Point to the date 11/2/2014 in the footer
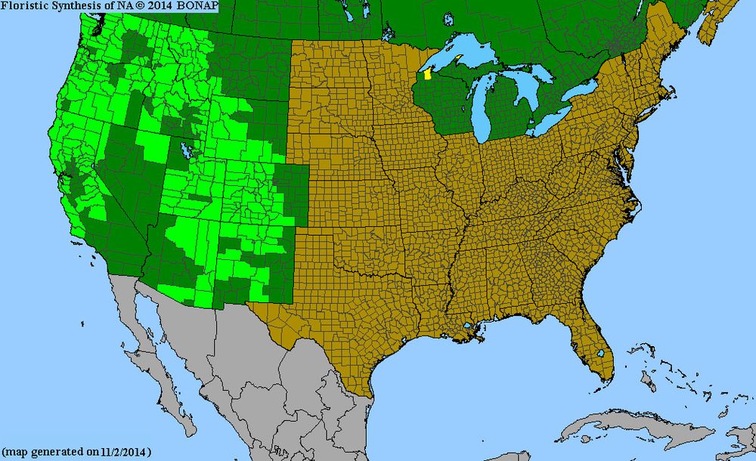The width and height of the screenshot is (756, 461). tap(123, 452)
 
